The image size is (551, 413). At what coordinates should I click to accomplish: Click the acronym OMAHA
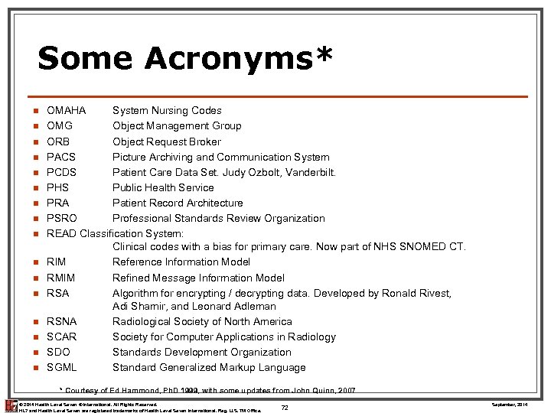(67, 111)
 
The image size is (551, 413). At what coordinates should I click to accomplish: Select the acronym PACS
(61, 157)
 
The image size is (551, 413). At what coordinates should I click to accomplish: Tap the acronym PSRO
(62, 218)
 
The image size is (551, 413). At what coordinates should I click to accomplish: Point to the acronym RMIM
(61, 278)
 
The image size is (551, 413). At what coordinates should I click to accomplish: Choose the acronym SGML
(62, 367)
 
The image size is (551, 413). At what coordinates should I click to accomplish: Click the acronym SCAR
(62, 337)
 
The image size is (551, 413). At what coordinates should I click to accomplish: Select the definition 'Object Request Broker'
(167, 141)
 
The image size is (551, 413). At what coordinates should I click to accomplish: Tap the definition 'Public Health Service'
(163, 187)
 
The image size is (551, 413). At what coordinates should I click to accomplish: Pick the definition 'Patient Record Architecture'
(178, 203)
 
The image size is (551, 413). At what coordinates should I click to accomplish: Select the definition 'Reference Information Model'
(181, 262)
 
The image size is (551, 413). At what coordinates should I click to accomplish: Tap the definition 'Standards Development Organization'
(202, 352)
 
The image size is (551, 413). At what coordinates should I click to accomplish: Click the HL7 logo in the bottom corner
(10, 405)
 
